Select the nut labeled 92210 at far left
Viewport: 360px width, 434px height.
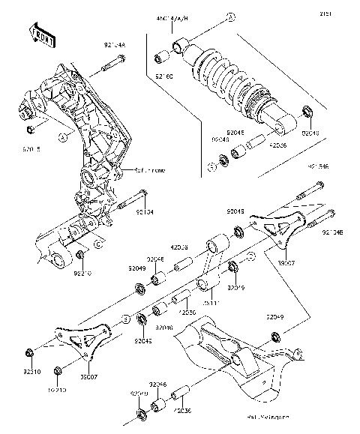coord(28,352)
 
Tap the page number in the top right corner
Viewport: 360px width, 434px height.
coord(347,12)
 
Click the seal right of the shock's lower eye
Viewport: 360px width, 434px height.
coord(307,113)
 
